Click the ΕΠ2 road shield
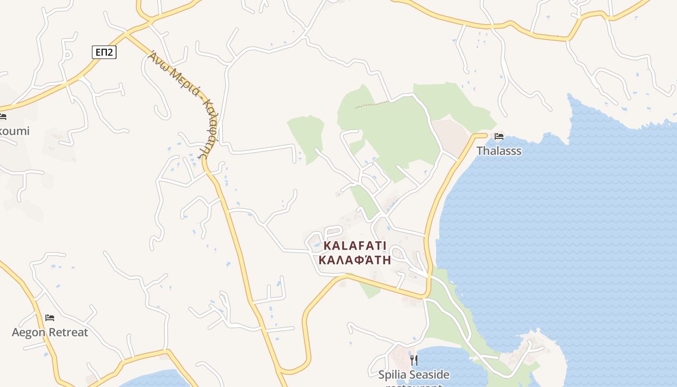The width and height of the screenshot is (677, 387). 104,52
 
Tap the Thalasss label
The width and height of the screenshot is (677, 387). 499,151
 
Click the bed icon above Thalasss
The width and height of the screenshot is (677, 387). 499,136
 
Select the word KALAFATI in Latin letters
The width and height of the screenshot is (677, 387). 355,246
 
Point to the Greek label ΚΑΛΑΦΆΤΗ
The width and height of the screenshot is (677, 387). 355,260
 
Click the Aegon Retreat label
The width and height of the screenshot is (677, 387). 50,332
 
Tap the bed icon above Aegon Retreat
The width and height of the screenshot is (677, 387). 50,318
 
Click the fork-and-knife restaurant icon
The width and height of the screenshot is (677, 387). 413,360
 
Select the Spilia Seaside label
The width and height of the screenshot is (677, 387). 413,374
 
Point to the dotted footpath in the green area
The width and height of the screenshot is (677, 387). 371,104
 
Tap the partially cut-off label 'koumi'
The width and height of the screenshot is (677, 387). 15,131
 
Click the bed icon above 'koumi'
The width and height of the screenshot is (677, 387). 3,117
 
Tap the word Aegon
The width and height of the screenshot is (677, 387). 28,332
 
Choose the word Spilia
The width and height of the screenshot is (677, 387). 393,374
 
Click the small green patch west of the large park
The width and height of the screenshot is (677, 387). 307,138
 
